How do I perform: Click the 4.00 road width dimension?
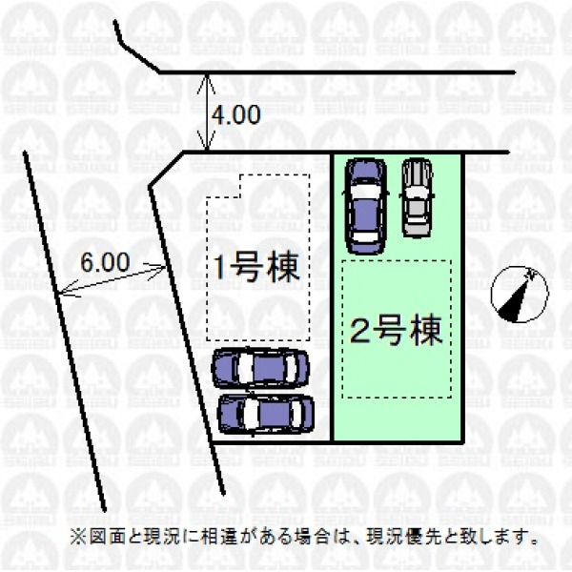235,115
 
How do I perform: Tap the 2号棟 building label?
395,332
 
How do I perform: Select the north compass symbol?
517,296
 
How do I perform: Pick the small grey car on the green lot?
416,196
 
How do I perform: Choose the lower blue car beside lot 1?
265,413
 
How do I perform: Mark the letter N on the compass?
534,276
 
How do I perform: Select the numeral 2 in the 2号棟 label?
360,333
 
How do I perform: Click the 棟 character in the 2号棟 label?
426,332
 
